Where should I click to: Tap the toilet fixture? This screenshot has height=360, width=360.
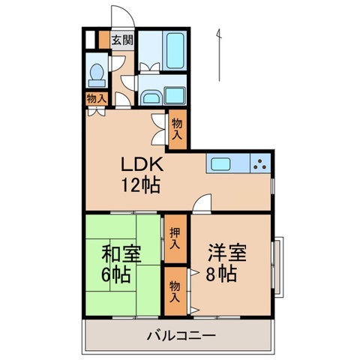click(x=97, y=73)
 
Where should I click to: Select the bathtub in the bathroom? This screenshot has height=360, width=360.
click(x=174, y=52)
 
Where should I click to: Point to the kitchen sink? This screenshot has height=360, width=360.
click(x=221, y=163)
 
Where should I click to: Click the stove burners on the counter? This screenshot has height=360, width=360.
click(x=259, y=163)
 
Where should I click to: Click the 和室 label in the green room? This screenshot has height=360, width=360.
click(x=121, y=253)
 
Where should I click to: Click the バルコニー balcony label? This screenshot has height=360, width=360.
click(x=181, y=334)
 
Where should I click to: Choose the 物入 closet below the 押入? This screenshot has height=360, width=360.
click(x=175, y=290)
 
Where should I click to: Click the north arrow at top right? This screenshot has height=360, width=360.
click(x=220, y=52)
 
